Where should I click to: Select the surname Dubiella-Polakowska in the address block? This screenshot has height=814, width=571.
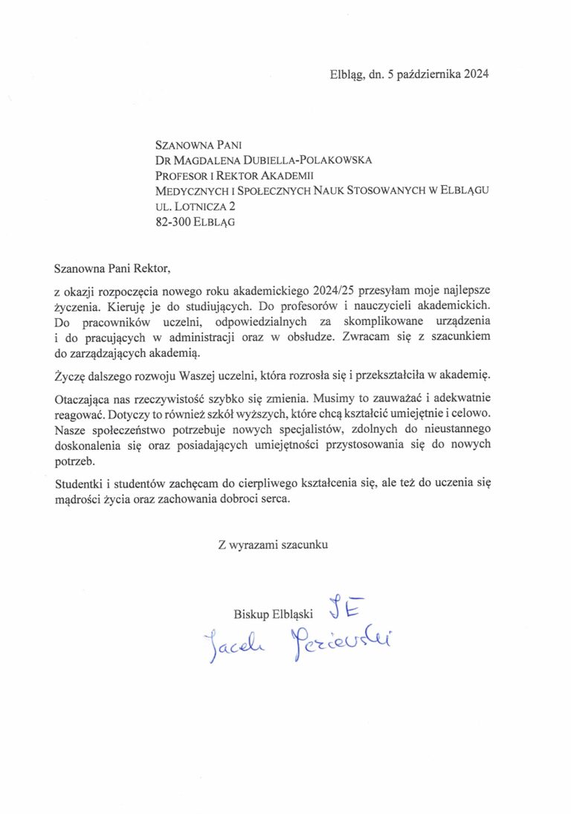point(303,160)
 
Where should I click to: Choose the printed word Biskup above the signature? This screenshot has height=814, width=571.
point(249,614)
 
